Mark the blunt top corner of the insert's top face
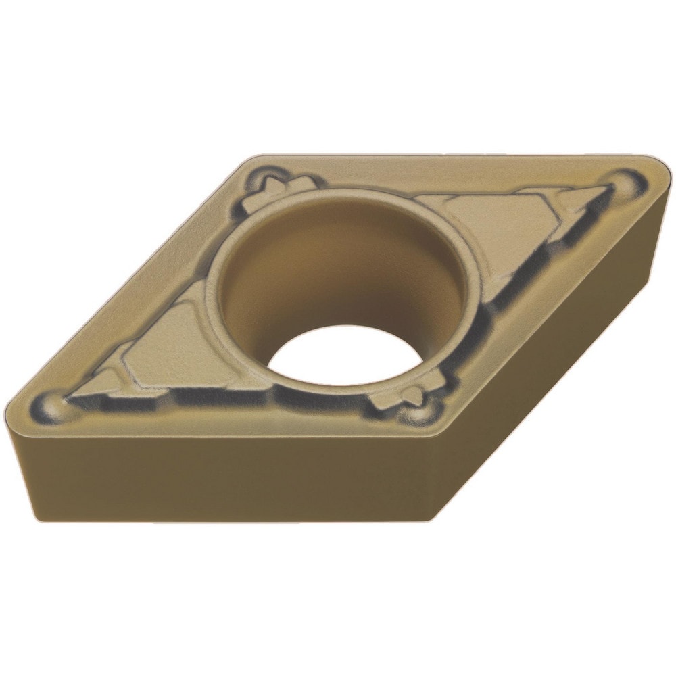click(254, 161)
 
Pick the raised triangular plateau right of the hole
click(493, 223)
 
